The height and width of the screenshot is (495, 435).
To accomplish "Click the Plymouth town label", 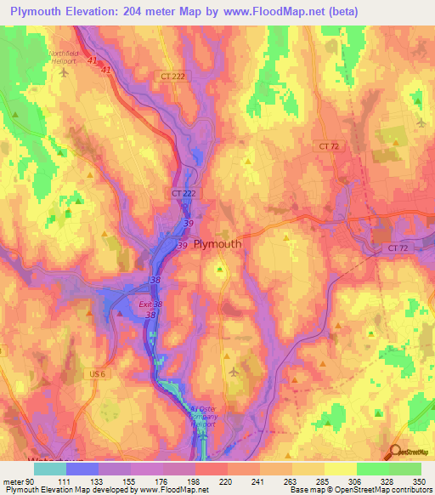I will [217, 243].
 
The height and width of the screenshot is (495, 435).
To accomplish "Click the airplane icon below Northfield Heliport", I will [64, 71].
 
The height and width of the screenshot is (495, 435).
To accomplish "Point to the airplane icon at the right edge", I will [421, 122].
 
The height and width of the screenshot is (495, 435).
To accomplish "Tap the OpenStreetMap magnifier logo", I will [396, 452].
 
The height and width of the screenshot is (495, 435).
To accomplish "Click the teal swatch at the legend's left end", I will [49, 469].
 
